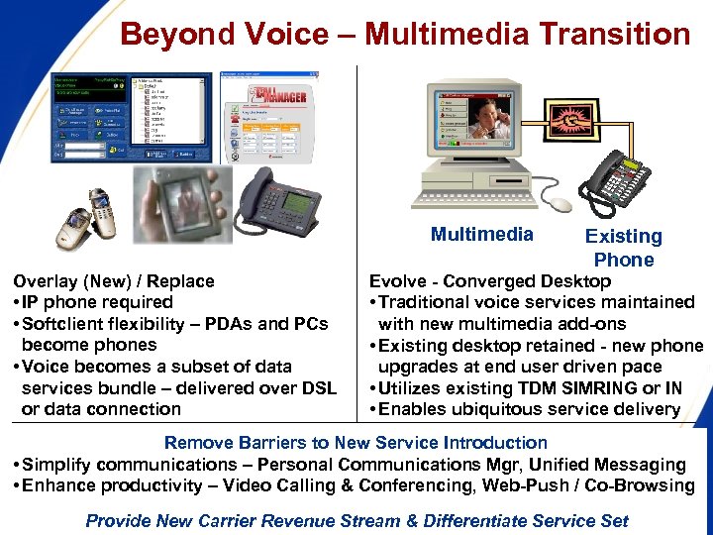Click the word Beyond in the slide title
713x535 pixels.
tap(172, 35)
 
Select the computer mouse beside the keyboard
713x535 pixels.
tap(561, 205)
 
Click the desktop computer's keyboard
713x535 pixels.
tap(477, 201)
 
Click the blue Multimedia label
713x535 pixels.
tap(482, 235)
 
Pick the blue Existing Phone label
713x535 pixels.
tap(623, 248)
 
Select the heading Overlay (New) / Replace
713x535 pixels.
tap(114, 281)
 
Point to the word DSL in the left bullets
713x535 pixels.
tap(316, 388)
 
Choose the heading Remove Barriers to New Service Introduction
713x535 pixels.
tap(356, 443)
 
